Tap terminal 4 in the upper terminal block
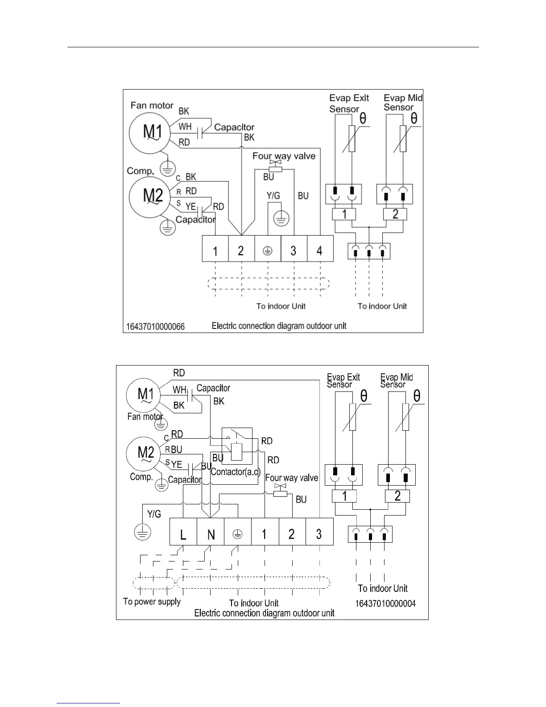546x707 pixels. (x=320, y=249)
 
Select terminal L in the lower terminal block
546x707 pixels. (x=183, y=532)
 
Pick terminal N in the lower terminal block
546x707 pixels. (x=211, y=532)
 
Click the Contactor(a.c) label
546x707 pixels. (x=235, y=472)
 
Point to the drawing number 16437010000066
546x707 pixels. (x=155, y=327)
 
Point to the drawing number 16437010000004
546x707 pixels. (x=385, y=603)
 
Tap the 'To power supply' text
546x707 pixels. (x=152, y=602)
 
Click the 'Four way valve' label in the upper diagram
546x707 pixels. (x=284, y=156)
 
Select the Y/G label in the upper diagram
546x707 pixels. (x=273, y=195)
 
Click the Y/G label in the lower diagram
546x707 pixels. (x=154, y=514)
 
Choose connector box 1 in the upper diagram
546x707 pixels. (x=344, y=214)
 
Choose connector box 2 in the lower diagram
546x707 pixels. (x=397, y=496)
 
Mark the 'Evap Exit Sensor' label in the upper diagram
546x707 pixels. (x=348, y=103)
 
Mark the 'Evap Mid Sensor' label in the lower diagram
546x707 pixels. (x=396, y=381)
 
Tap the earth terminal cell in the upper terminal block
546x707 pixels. (x=268, y=249)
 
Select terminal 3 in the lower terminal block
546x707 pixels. (x=319, y=532)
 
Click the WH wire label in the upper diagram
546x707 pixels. (x=185, y=127)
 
